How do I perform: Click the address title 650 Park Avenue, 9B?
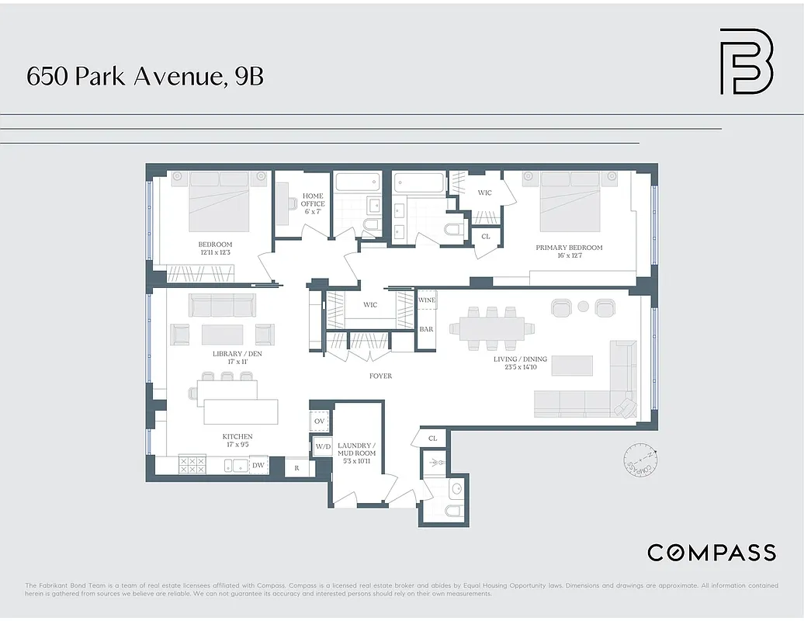145,76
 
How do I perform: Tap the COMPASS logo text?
712,552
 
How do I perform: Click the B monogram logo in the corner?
746,61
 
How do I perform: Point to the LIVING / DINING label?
520,363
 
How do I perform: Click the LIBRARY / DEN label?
237,358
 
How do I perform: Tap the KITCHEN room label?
237,441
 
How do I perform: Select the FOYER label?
380,376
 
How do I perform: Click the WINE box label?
427,300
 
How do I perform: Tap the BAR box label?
427,329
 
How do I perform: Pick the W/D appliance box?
322,447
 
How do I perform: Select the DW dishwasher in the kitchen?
258,465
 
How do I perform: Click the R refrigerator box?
296,467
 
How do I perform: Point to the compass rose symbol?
640,461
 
